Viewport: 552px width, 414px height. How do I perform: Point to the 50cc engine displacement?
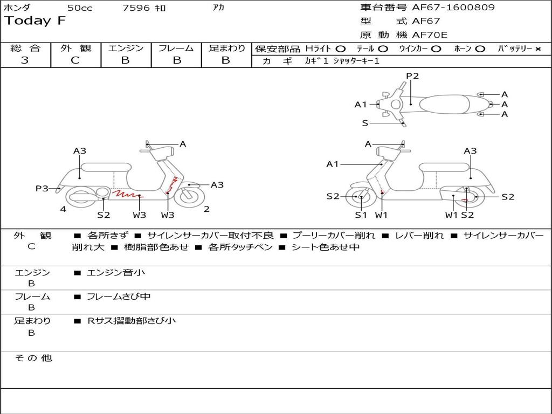(x=79, y=8)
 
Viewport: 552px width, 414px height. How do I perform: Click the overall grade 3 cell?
(x=25, y=60)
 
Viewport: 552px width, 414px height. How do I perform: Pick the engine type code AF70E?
(x=430, y=36)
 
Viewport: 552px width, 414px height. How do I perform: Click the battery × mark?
(x=537, y=49)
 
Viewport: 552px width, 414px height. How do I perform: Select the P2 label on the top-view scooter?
(x=412, y=76)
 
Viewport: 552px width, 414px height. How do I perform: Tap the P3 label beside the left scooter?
(x=42, y=188)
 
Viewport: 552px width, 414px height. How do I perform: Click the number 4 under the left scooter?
(x=63, y=209)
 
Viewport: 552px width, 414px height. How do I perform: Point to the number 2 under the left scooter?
(x=206, y=209)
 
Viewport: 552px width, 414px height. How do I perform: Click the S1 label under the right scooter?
(x=361, y=215)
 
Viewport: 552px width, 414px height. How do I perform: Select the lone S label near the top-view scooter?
(x=365, y=123)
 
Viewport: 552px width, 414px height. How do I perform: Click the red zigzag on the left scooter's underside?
(x=124, y=192)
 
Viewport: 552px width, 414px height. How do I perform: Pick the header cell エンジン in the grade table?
(x=126, y=48)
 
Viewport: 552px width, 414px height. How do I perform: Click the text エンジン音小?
(x=116, y=273)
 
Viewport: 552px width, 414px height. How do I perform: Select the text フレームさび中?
(x=119, y=296)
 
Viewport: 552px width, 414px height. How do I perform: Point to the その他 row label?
(x=33, y=358)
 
